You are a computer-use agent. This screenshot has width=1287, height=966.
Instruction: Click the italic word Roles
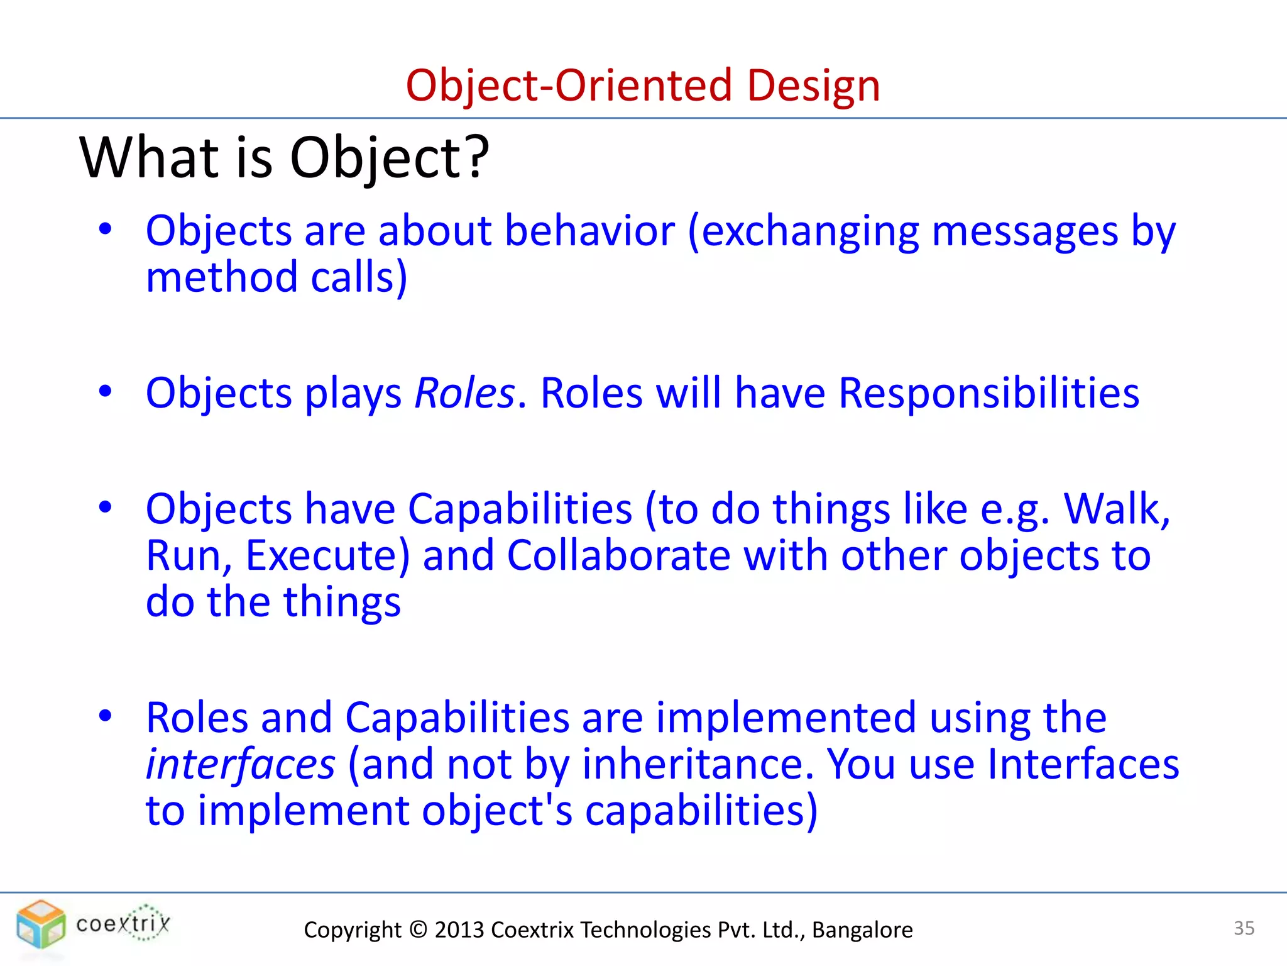(464, 393)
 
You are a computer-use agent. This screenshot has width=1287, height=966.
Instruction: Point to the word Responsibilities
(988, 393)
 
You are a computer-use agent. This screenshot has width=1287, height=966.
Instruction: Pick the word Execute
(327, 555)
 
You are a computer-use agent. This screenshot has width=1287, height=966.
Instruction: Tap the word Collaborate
(618, 555)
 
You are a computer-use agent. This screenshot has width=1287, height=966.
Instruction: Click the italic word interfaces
(240, 764)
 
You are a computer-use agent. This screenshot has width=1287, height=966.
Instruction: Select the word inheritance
(693, 764)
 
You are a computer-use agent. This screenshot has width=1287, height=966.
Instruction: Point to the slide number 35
(1244, 928)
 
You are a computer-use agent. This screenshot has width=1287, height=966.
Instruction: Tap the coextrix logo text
(123, 923)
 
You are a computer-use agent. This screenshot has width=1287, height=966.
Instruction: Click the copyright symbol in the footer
(417, 930)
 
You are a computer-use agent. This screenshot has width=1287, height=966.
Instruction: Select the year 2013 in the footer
(458, 930)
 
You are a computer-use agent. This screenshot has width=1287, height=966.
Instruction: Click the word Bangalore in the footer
(862, 930)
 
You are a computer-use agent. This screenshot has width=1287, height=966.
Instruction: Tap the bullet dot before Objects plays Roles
(105, 391)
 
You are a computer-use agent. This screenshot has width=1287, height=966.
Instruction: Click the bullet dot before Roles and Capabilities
(105, 716)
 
